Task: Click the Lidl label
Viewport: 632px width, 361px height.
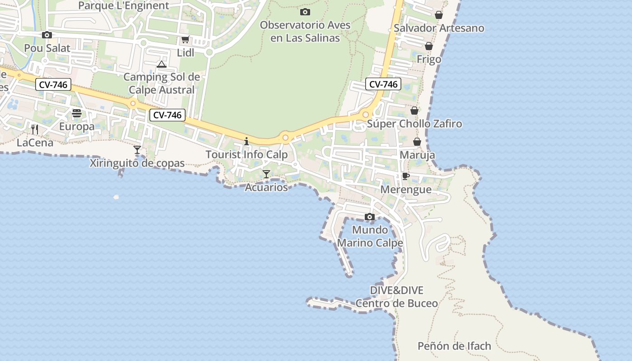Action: coord(186,53)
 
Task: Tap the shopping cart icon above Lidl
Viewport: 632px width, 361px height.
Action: coord(185,40)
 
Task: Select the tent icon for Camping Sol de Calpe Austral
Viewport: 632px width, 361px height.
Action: coord(162,64)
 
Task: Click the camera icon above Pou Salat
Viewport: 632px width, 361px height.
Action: coord(46,35)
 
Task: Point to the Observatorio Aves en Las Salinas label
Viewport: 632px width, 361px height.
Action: coord(305,32)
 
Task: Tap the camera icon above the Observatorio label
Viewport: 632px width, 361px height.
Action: coord(305,12)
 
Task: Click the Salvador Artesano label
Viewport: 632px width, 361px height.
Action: coord(439,28)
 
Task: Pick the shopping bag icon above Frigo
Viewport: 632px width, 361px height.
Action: coord(429,46)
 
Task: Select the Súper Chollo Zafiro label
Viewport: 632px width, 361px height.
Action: coord(414,124)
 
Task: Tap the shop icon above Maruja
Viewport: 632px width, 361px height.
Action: coord(417,142)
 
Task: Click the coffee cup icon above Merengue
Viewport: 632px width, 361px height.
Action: coord(405,176)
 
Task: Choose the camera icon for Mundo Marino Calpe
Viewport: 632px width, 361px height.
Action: coord(370,217)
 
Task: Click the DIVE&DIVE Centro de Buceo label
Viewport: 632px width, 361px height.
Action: coord(397,296)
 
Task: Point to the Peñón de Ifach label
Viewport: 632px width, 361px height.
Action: coord(454,346)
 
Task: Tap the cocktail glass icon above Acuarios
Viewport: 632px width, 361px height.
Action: coord(266,174)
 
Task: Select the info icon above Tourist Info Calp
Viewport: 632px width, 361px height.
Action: coord(246,141)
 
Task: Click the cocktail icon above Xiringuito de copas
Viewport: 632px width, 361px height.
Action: coord(137,149)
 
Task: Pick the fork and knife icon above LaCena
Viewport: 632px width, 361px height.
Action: coord(35,130)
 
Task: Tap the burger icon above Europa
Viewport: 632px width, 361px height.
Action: coord(77,113)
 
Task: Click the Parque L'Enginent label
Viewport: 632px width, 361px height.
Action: coord(124,6)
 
